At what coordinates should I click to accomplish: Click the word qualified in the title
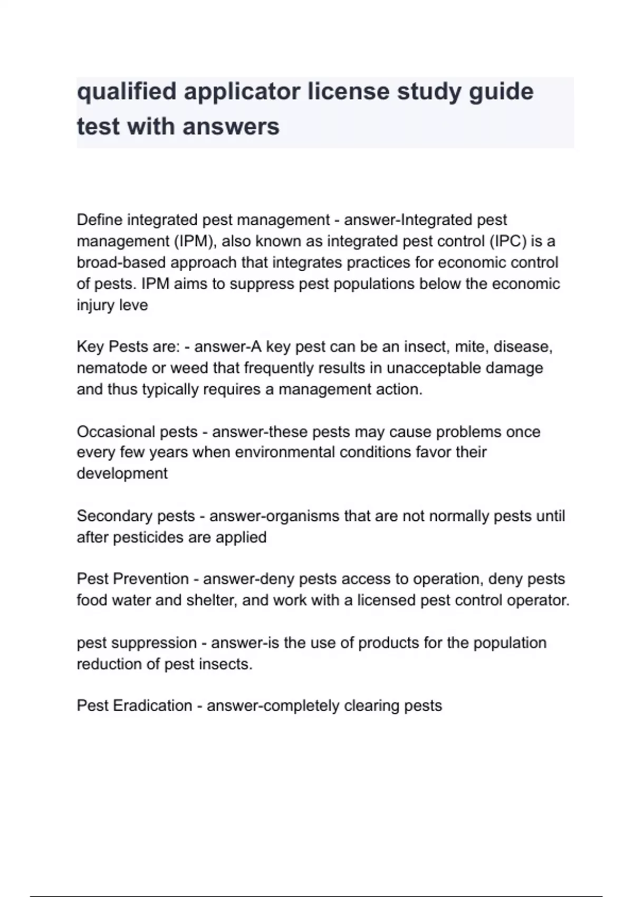coord(127,92)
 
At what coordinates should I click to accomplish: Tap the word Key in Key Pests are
coord(90,347)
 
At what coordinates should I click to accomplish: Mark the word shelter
coord(210,600)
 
